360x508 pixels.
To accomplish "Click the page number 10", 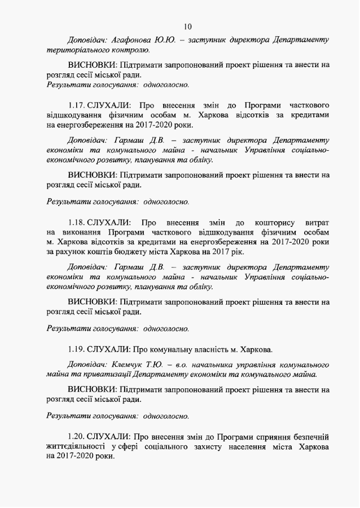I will click(x=188, y=26).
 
